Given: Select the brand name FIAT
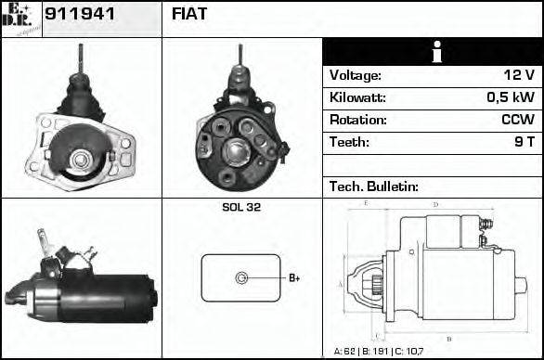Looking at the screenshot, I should [189, 15].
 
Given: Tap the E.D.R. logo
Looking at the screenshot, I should [20, 19].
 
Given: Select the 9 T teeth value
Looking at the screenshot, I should [524, 142].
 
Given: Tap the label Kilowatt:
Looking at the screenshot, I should [357, 97].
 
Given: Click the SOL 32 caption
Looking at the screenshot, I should [241, 208].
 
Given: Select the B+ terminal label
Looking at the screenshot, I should [293, 278].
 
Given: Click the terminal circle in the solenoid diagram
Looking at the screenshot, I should [241, 277].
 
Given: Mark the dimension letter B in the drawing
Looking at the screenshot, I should [449, 338].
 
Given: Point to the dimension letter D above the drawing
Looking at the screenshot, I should [435, 204].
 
